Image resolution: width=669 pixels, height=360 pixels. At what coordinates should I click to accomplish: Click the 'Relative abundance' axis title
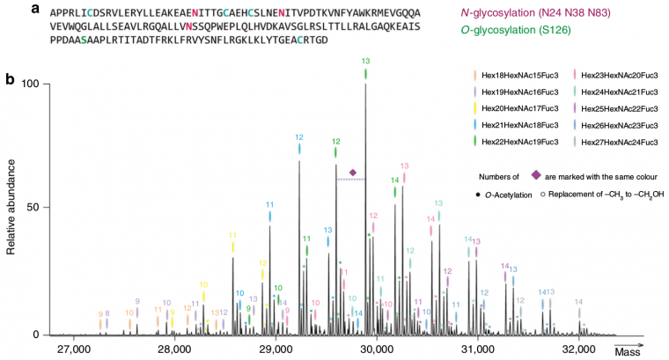[x=11, y=208]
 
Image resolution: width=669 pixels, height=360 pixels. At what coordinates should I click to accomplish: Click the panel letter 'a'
[x=10, y=9]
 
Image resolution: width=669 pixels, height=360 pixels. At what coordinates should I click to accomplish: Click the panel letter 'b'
[x=10, y=80]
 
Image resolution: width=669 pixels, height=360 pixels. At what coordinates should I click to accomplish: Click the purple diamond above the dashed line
[x=353, y=173]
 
